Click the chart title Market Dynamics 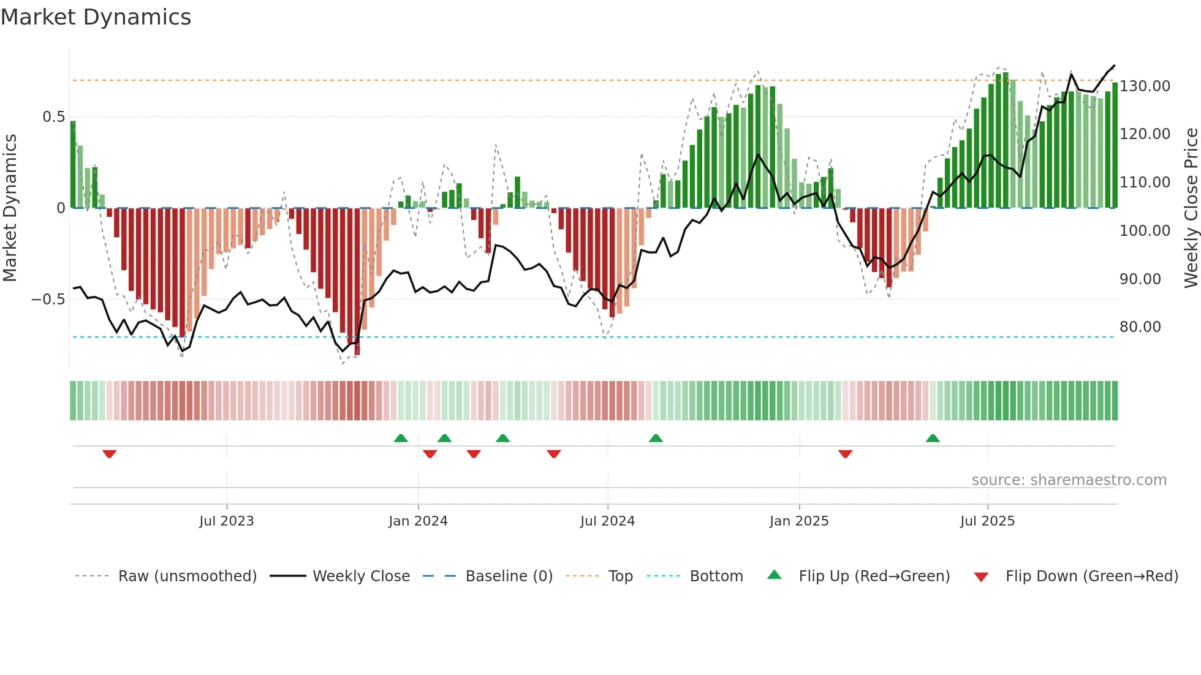pos(96,17)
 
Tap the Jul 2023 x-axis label pos(226,521)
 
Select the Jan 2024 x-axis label pos(418,521)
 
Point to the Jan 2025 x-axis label pos(799,521)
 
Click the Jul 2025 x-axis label pos(987,521)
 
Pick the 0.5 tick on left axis pos(53,117)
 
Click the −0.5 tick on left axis pos(48,300)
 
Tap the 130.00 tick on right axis pos(1145,86)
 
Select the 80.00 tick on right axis pos(1140,327)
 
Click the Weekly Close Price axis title pos(1191,208)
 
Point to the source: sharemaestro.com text pos(1069,480)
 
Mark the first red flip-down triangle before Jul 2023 pos(110,454)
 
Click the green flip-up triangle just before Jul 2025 pos(933,438)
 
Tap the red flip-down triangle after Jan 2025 pos(845,454)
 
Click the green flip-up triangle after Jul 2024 pos(656,438)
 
